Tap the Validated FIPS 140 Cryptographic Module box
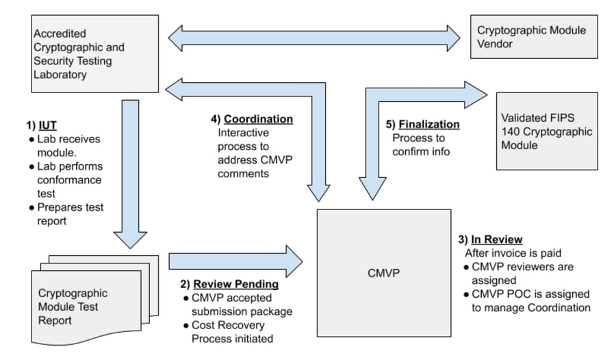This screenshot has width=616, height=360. coord(546,131)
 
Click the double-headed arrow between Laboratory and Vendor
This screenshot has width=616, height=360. coord(315,38)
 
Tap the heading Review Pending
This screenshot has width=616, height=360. coord(236,284)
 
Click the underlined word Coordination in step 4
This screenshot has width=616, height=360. coord(258,119)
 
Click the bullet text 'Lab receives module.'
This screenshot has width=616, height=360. coord(64,145)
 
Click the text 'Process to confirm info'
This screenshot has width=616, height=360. coord(421,145)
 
